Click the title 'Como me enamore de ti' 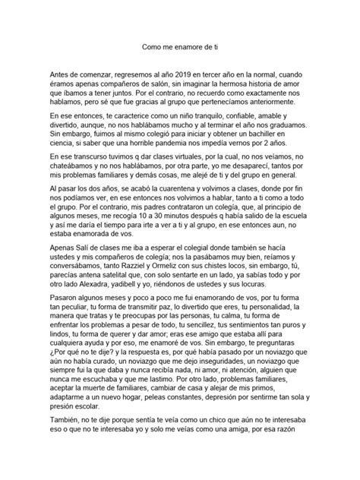point(180,46)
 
